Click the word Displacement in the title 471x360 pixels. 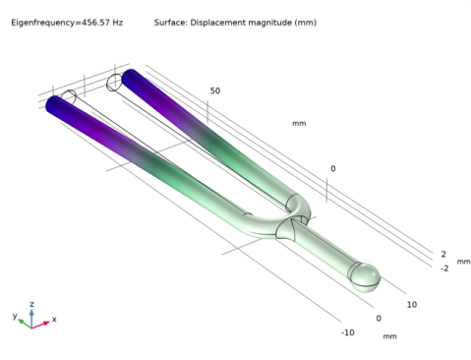tap(218, 23)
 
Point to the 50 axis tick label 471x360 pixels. tap(215, 90)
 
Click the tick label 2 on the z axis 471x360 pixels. tap(443, 254)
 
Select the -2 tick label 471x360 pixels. tap(444, 269)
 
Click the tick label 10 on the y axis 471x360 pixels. tap(412, 305)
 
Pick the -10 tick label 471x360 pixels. tap(348, 332)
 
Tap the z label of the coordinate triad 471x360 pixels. tap(31, 304)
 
